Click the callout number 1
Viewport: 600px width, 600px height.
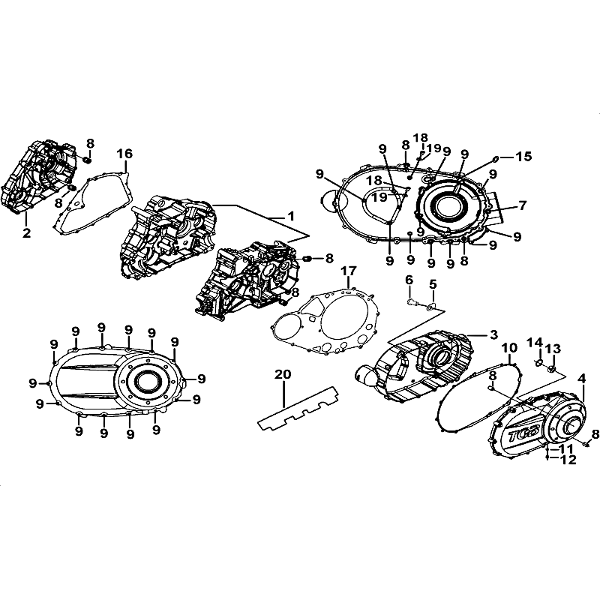tap(291, 216)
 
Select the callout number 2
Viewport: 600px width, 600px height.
tap(26, 232)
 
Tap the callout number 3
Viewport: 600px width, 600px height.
tap(494, 334)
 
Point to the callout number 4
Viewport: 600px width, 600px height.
tap(582, 379)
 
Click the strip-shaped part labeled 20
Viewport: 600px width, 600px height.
tap(298, 408)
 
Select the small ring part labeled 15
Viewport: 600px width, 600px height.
tap(494, 158)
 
